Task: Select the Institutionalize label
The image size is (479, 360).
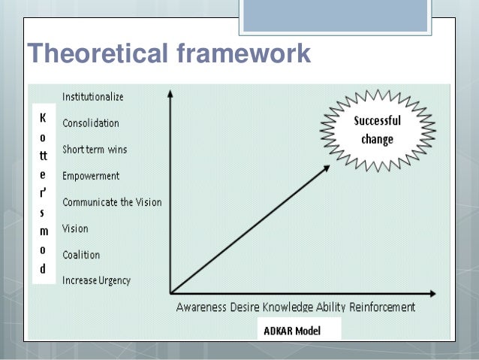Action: point(93,97)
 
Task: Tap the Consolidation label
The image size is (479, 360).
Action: point(90,123)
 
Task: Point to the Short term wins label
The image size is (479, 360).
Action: point(95,150)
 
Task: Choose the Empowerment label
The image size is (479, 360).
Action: point(91,176)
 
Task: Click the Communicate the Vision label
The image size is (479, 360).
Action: point(112,202)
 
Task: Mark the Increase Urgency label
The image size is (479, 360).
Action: point(96,281)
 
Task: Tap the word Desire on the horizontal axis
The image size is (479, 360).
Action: point(249,307)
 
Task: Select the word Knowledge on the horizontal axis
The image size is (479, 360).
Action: point(294,307)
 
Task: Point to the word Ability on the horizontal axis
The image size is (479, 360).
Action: point(338,307)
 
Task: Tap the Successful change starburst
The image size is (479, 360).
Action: point(377,130)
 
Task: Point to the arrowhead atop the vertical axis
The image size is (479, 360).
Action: point(170,95)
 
